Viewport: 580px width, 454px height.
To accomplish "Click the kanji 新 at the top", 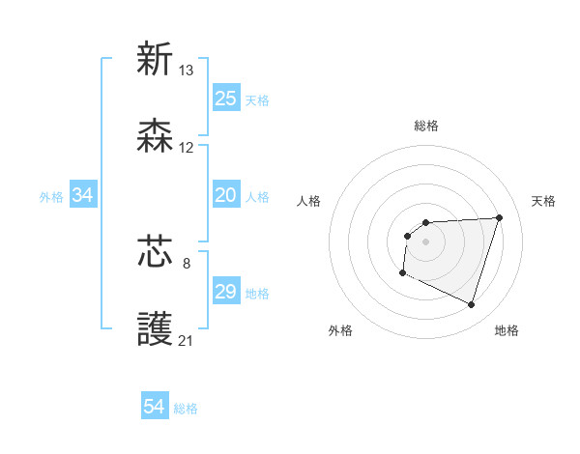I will tap(155, 59).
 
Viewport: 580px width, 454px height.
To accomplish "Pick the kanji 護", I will tap(155, 329).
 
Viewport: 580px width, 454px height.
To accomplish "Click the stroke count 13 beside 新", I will tap(187, 70).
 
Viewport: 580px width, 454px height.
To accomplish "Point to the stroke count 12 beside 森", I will tap(187, 148).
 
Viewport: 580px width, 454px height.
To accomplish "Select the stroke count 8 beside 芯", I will tap(187, 261).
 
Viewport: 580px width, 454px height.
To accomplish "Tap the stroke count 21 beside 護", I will tap(187, 340).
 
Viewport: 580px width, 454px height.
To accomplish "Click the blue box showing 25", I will tap(226, 99).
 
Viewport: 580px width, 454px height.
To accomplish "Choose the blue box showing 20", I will tap(226, 195).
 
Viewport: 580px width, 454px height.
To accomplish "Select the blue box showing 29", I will tap(226, 292).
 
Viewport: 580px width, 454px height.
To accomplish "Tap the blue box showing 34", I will tap(83, 195).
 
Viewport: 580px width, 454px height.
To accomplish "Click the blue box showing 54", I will tap(155, 407).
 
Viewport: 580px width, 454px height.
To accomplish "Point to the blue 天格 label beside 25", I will tap(257, 100).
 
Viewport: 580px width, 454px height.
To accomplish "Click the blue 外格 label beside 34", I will tap(51, 197).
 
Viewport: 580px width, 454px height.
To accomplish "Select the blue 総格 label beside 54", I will tap(186, 409).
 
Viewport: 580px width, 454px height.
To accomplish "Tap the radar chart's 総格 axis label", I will tap(426, 126).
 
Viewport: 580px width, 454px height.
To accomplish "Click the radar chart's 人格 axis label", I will tap(309, 201).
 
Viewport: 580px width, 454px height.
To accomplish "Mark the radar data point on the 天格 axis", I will tap(499, 217).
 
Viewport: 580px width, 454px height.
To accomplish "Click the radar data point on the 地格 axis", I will tap(471, 305).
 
